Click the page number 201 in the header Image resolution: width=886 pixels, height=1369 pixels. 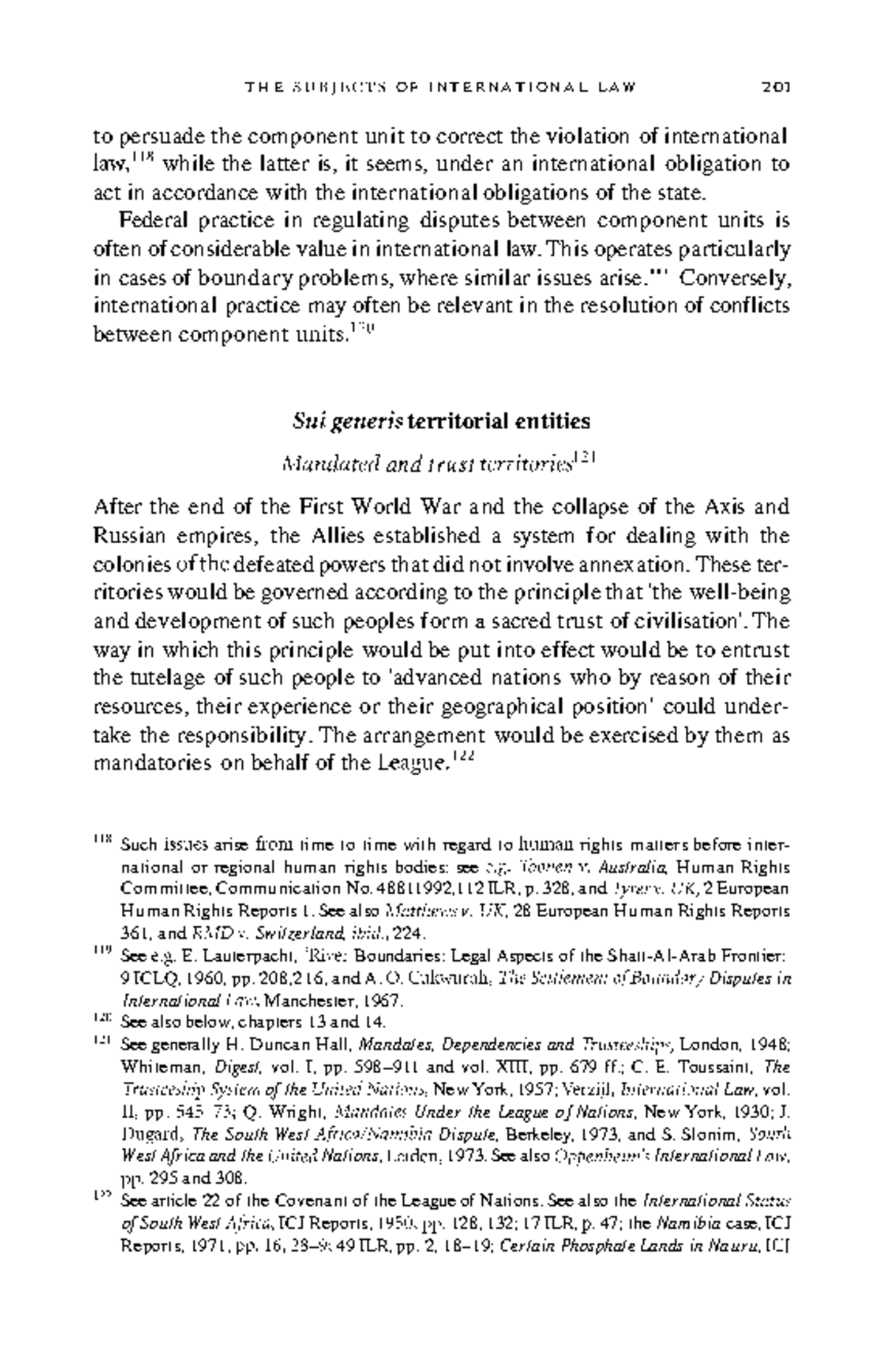776,89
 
